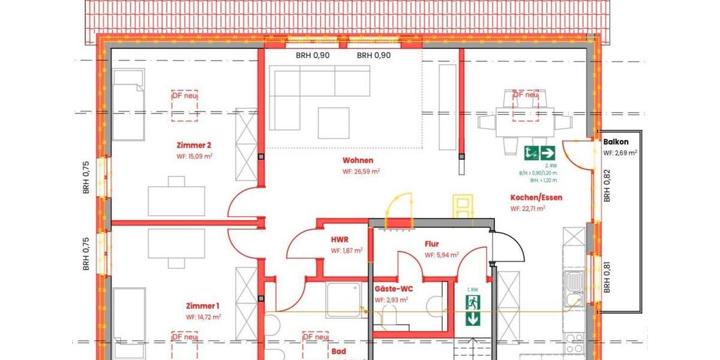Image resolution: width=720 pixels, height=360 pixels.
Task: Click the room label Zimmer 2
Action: tap(193, 145)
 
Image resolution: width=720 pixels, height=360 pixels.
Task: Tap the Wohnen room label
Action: tap(358, 160)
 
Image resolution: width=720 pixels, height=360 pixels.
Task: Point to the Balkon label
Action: tap(616, 142)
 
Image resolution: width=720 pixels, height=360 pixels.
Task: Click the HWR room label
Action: tap(340, 239)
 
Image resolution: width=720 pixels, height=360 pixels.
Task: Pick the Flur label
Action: tap(431, 244)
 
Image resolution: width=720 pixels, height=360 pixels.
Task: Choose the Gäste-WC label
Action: tap(393, 289)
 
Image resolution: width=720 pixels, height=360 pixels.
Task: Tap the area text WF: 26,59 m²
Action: tap(361, 171)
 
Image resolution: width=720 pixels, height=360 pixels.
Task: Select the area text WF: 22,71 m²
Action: tap(528, 209)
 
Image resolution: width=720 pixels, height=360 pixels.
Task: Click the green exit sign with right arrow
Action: tap(539, 153)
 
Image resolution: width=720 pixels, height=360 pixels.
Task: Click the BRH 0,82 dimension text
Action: tap(607, 186)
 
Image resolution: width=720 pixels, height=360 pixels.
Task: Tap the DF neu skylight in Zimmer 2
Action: tap(185, 106)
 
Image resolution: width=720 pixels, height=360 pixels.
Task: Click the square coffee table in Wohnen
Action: tap(334, 122)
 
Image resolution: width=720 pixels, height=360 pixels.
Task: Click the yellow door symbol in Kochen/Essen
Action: tap(463, 207)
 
